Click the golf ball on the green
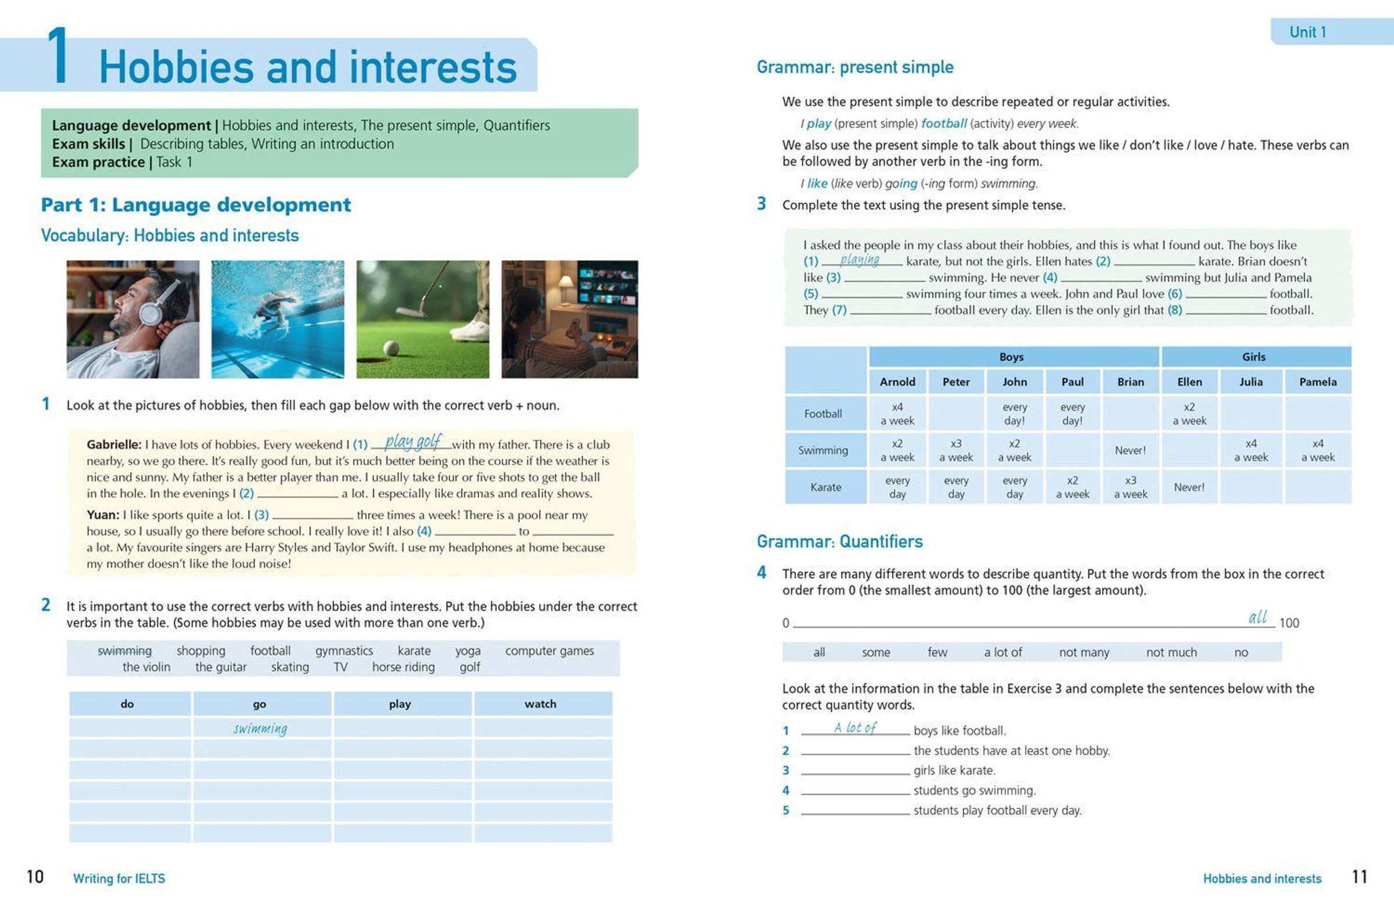391,348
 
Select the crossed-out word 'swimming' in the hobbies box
124,650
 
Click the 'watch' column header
540,704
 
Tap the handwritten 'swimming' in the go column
260,728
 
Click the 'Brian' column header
1130,381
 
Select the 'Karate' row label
825,487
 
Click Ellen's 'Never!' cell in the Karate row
1189,487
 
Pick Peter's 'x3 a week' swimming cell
956,450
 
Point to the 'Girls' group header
1253,357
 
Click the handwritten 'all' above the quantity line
1257,618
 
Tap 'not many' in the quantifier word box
1084,652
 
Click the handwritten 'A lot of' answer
854,727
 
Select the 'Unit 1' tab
1307,31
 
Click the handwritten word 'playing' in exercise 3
859,260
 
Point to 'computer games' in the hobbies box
549,650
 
